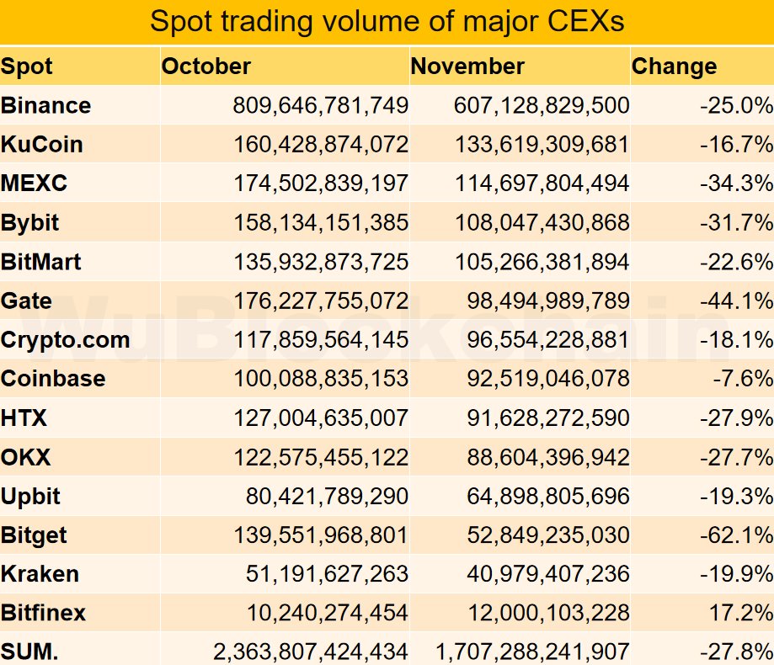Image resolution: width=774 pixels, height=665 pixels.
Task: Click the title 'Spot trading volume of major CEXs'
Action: click(387, 21)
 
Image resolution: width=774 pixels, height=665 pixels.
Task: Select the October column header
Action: click(206, 66)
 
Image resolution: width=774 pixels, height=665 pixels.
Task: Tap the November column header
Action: click(467, 66)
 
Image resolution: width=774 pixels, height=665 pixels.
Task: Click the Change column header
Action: click(675, 66)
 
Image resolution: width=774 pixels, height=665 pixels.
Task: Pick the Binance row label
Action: click(46, 105)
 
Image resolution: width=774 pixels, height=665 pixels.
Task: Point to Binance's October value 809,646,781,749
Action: click(320, 105)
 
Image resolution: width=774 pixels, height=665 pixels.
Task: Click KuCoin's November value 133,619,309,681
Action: click(541, 144)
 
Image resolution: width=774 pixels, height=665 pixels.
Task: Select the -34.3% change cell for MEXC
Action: click(735, 184)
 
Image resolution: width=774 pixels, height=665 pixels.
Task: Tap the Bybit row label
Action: click(30, 222)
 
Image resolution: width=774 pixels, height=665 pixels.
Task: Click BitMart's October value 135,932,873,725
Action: click(320, 262)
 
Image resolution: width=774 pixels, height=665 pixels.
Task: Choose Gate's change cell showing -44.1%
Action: click(735, 301)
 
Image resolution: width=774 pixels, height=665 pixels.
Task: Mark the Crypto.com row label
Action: click(66, 340)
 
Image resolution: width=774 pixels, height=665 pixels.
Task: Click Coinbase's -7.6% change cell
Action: click(741, 379)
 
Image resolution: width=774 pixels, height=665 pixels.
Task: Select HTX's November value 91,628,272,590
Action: click(547, 418)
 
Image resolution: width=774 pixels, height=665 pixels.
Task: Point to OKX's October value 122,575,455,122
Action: click(320, 457)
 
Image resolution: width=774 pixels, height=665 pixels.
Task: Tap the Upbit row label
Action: click(31, 496)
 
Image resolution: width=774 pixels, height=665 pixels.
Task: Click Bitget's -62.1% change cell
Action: click(735, 535)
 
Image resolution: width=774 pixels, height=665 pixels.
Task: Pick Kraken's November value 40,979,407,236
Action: click(547, 574)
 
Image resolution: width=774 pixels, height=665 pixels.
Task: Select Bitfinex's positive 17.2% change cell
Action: click(741, 613)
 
